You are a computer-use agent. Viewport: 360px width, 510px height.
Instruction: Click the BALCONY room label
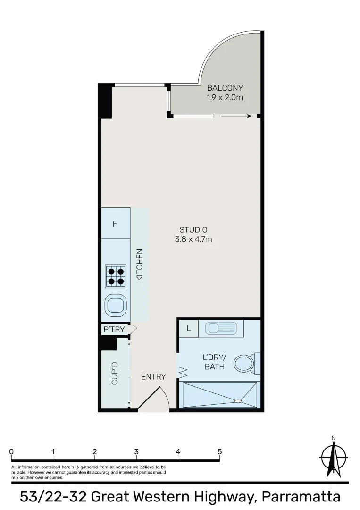[x=225, y=88]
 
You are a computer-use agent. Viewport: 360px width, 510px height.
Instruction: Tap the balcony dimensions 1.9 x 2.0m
[x=225, y=98]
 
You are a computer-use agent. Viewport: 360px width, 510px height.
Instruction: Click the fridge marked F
[x=115, y=224]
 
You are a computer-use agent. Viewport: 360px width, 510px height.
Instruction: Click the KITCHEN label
[x=140, y=265]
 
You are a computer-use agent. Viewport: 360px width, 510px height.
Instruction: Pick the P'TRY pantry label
[x=114, y=330]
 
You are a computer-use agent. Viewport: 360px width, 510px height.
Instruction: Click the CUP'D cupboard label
[x=115, y=373]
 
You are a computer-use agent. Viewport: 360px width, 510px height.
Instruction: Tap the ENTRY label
[x=153, y=377]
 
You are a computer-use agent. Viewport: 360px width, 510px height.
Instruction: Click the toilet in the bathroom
[x=245, y=363]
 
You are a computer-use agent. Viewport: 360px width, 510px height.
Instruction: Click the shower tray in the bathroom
[x=220, y=395]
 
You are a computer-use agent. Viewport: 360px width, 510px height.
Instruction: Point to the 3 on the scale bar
[x=136, y=452]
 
